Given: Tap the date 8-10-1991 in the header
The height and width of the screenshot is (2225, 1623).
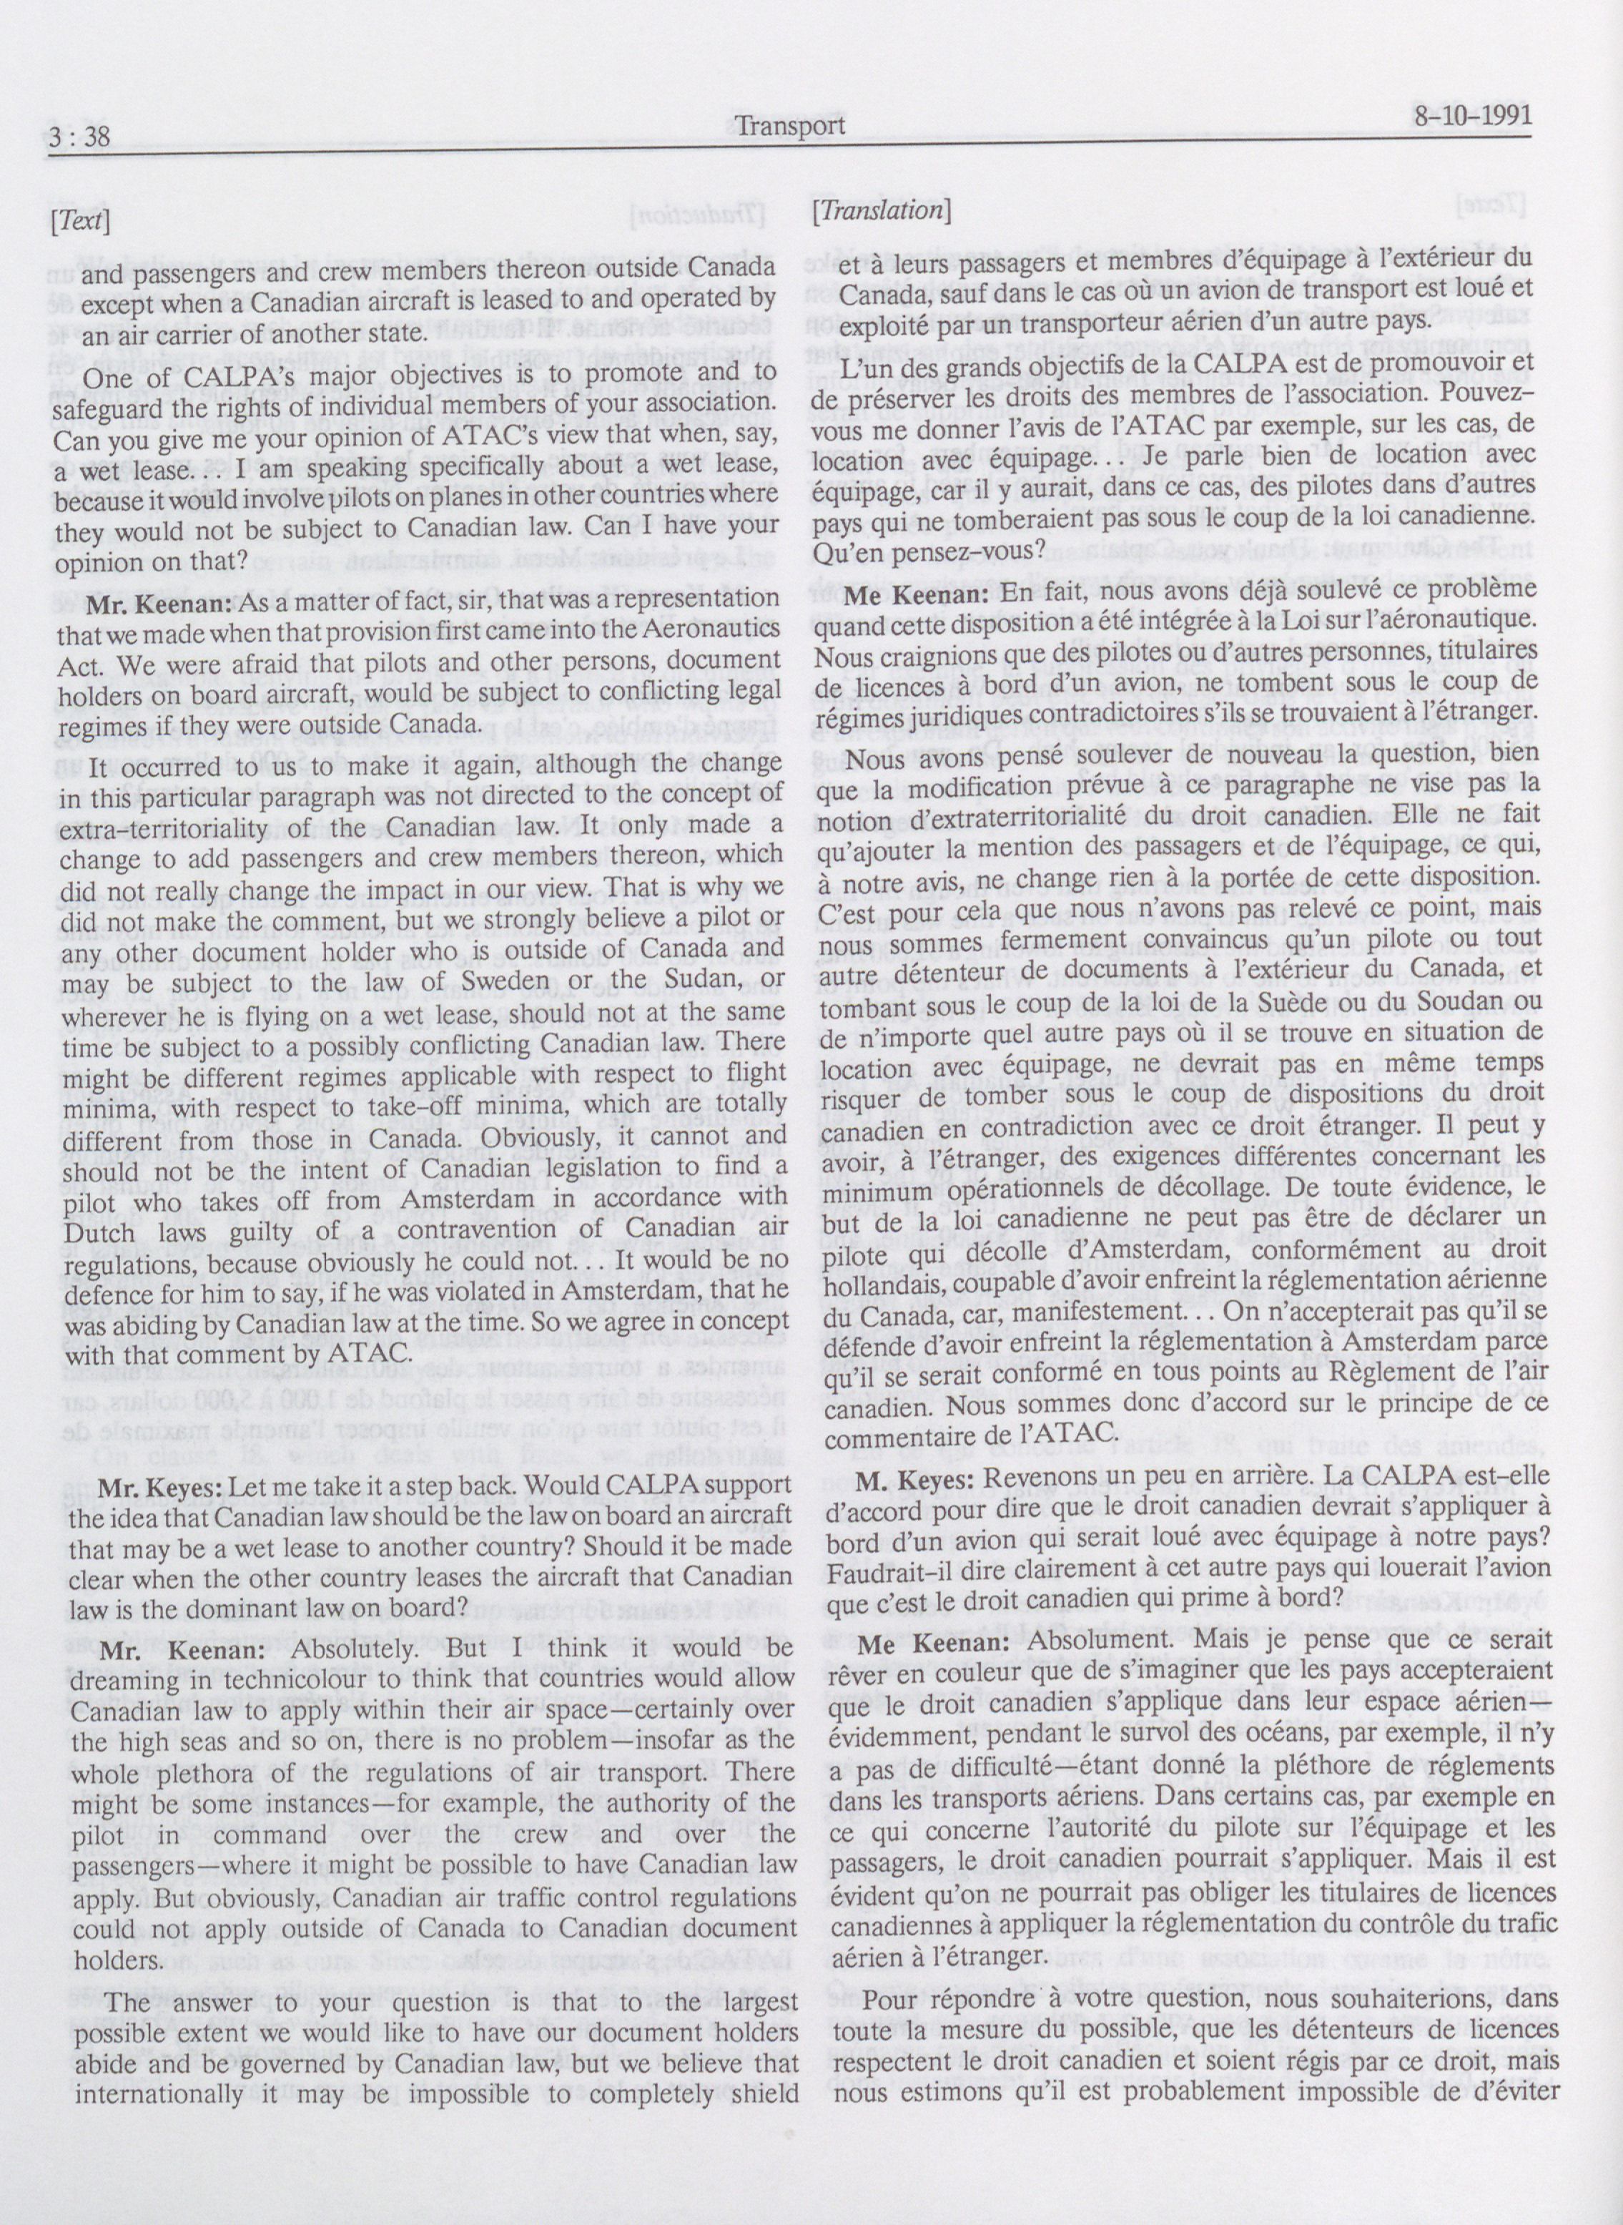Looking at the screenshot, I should [x=1470, y=117].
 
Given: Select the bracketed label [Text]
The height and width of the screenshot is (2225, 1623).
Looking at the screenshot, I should [x=78, y=221].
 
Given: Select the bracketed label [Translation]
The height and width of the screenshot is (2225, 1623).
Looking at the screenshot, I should [x=880, y=210].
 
